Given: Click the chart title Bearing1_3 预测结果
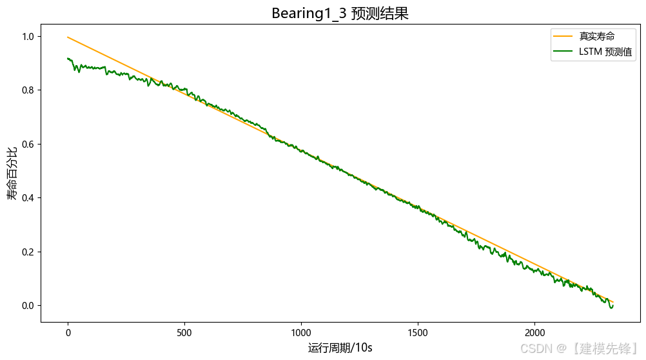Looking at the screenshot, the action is (x=340, y=13).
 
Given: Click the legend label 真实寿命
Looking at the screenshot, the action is (x=597, y=36).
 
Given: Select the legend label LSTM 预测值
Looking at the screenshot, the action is (x=605, y=52).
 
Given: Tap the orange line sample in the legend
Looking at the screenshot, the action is (x=563, y=36).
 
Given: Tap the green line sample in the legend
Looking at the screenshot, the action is (x=563, y=52).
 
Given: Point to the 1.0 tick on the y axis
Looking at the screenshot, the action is (x=28, y=37).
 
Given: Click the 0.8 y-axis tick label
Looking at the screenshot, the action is (x=28, y=90).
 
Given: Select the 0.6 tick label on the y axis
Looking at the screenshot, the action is (x=28, y=145).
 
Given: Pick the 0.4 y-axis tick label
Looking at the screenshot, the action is (x=28, y=198).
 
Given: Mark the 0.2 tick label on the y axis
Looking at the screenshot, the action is (x=28, y=252).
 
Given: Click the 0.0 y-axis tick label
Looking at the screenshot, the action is (x=28, y=306).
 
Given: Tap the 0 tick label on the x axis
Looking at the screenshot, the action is (x=68, y=333).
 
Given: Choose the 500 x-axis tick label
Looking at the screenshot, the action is (x=184, y=333).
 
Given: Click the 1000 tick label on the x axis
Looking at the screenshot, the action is (x=301, y=333).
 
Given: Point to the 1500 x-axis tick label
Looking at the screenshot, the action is (x=418, y=333).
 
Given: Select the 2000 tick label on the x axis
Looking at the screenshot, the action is (x=534, y=333).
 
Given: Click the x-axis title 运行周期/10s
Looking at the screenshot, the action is (x=340, y=348).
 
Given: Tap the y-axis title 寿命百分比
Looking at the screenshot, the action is (x=12, y=173).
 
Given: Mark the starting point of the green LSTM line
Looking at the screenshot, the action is (x=68, y=59).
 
